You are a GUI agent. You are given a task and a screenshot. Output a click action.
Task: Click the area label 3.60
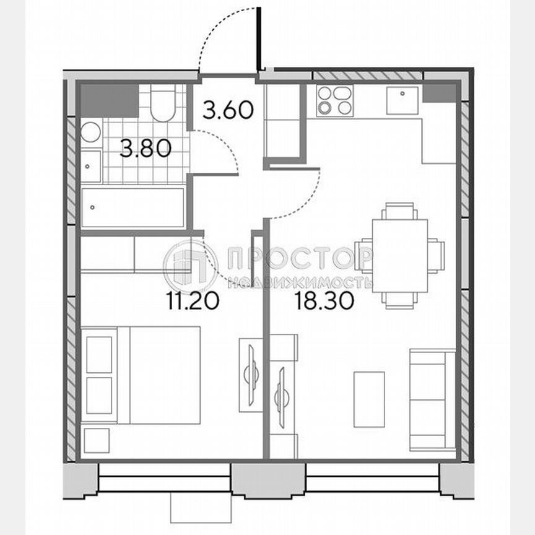[x=228, y=111]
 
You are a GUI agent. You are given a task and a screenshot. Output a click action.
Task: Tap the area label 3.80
[x=145, y=149]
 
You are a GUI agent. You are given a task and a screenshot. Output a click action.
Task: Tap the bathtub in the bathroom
[x=133, y=207]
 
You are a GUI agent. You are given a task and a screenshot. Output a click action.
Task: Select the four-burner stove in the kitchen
[x=334, y=101]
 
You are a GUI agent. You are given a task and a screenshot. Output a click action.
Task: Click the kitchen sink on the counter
[x=402, y=100]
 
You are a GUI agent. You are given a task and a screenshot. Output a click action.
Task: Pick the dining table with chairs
[x=399, y=255]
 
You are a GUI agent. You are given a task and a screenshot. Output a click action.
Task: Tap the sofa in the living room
[x=432, y=399]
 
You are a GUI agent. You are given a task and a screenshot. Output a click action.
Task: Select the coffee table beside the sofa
[x=368, y=399]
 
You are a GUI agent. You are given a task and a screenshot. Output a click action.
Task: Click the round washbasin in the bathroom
[x=91, y=133]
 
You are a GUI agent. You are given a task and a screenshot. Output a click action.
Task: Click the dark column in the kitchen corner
[x=440, y=94]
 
